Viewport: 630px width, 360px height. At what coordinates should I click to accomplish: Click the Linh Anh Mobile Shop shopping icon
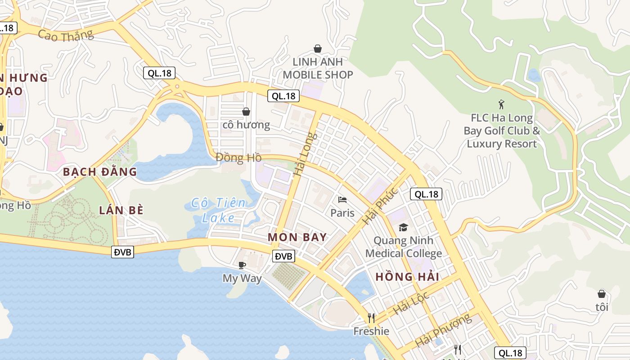pos(318,49)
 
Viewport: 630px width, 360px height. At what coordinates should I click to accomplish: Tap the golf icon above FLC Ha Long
pos(501,104)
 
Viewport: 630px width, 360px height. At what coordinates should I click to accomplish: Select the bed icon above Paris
pos(342,199)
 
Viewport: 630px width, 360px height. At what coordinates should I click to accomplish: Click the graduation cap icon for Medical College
pos(403,227)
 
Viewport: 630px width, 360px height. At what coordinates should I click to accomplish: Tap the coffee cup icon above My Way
pos(242,265)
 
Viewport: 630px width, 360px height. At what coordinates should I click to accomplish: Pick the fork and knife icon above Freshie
pos(371,318)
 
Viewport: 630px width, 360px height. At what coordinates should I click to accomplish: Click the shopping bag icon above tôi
pos(602,294)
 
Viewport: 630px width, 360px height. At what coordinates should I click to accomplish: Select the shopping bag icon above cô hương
pos(246,111)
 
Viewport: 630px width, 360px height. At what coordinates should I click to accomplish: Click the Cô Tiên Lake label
pos(218,210)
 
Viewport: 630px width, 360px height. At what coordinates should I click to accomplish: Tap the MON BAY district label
pos(297,237)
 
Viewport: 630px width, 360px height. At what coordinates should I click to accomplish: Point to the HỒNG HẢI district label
pos(407,277)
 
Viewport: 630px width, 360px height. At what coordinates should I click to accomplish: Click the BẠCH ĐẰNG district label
pos(99,171)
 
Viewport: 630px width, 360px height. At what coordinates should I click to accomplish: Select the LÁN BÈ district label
pos(121,210)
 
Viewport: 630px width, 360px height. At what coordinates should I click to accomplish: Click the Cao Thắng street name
pos(66,35)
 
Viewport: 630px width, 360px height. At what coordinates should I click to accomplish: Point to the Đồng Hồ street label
pos(238,157)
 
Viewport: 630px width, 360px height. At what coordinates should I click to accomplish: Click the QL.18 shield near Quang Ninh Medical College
pos(426,194)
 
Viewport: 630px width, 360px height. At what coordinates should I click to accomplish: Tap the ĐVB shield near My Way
pos(283,256)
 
